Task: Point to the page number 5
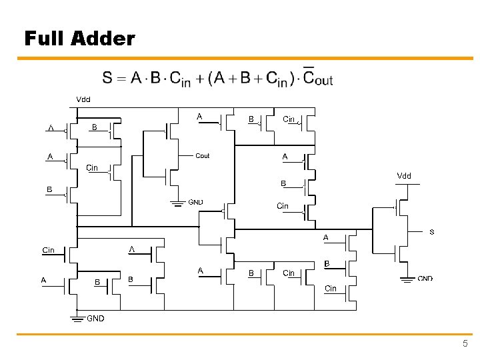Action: click(465, 344)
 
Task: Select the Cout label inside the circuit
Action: click(202, 156)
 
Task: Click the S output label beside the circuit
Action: click(431, 232)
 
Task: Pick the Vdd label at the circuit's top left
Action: click(83, 99)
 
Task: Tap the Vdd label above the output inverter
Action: click(404, 176)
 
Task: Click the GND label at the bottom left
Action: click(95, 319)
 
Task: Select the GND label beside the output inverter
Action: click(425, 279)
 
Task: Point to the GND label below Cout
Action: click(196, 202)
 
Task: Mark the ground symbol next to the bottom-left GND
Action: click(77, 317)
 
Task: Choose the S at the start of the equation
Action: click(107, 78)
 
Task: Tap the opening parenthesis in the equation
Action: click(211, 79)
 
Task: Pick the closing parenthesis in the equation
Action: click(291, 79)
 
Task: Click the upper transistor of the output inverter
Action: click(402, 207)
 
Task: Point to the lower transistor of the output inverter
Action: click(402, 253)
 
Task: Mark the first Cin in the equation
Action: click(180, 79)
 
